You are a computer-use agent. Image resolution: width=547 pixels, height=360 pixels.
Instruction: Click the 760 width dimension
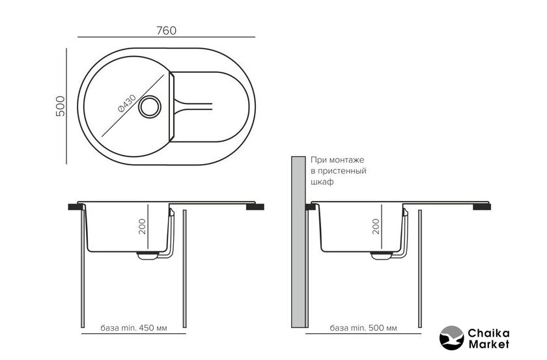pos(167,31)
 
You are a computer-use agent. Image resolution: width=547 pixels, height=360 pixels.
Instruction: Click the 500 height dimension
pos(61,106)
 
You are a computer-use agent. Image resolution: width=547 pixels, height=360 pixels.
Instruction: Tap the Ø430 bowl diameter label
pos(127,104)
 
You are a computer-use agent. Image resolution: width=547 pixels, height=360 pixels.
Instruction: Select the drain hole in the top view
pos(150,107)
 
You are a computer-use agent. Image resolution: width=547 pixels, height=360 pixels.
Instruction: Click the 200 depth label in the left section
pos(143,227)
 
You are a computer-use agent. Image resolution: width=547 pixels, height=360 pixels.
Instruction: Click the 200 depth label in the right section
pos(376,227)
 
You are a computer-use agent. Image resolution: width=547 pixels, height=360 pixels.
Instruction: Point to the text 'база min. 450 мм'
pos(133,328)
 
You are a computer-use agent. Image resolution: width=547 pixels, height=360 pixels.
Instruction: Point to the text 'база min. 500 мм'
pos(363,328)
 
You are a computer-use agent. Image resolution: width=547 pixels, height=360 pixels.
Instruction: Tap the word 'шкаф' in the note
pos(322,182)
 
